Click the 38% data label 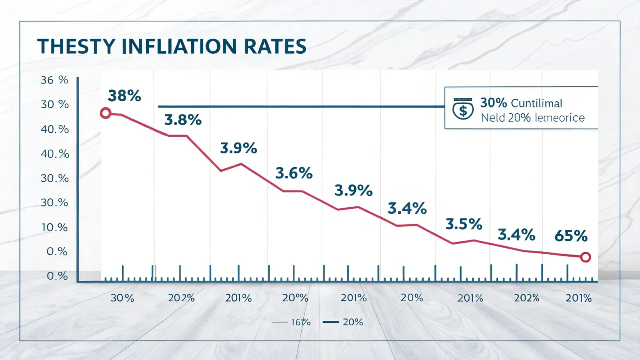click(124, 96)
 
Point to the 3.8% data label click(183, 120)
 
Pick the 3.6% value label click(294, 173)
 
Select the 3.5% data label click(464, 224)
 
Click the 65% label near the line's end click(571, 236)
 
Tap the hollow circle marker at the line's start click(106, 113)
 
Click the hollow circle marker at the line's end click(585, 257)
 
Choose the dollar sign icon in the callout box click(463, 111)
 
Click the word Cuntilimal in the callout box click(536, 103)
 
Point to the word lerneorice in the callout click(559, 118)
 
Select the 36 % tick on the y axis click(54, 80)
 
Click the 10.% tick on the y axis click(54, 227)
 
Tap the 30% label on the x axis click(122, 298)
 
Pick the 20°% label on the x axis click(295, 298)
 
